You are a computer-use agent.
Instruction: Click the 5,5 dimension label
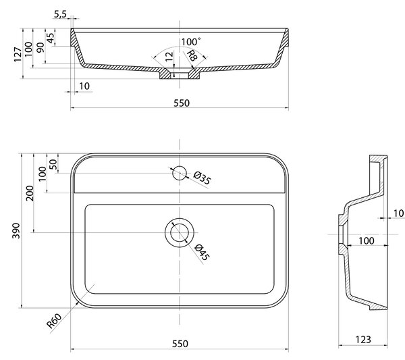pos(60,14)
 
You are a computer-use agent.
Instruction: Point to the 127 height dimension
pos(18,55)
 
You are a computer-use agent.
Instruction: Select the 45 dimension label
pos(51,38)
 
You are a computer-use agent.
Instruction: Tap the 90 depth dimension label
pos(40,47)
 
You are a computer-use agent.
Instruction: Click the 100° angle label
pos(191,42)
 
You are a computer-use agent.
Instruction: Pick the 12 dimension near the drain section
pos(169,56)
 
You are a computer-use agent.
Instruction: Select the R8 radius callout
pos(192,55)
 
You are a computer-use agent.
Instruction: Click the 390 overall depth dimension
pos(16,230)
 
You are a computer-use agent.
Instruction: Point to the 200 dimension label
pos(30,193)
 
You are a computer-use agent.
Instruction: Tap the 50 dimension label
pos(53,164)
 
